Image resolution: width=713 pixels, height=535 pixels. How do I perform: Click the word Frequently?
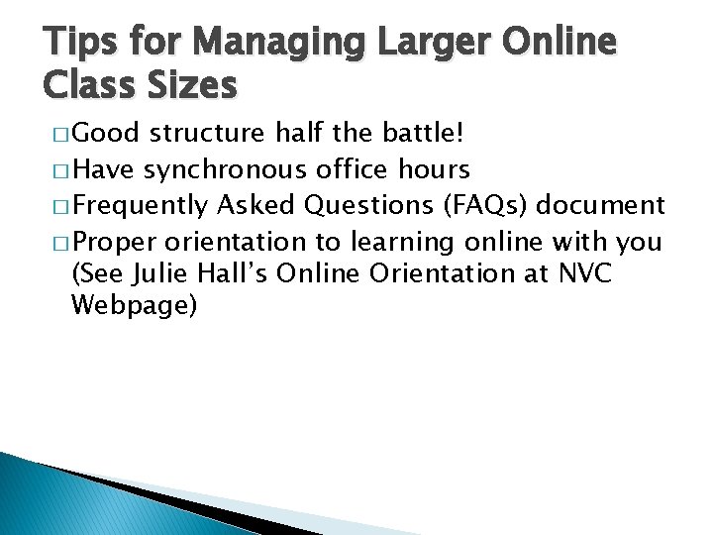click(142, 205)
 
